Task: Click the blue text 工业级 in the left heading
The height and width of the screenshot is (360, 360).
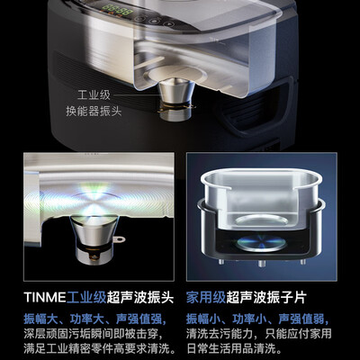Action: click(x=89, y=295)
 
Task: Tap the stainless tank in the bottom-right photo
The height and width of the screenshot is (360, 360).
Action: click(x=262, y=199)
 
